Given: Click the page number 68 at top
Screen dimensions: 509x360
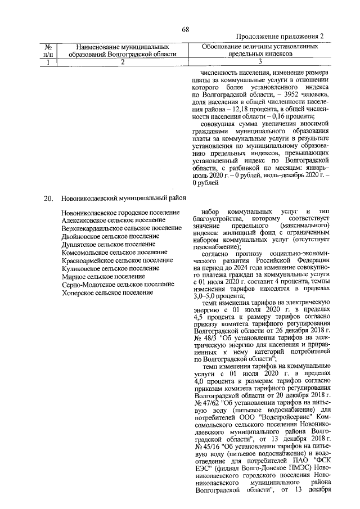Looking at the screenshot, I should click(x=185, y=30).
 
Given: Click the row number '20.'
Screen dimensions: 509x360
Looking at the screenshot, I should click(x=49, y=198).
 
